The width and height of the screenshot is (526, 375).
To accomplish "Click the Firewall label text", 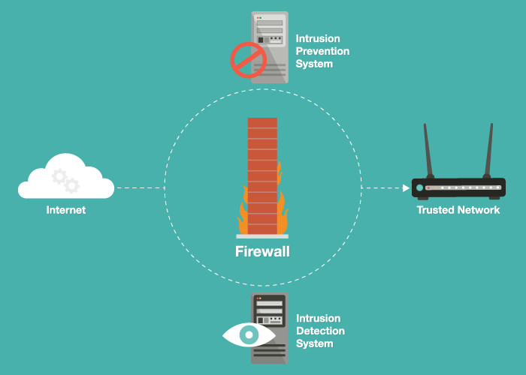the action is coord(262,251).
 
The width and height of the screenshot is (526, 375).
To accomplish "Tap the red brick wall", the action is coord(262,175).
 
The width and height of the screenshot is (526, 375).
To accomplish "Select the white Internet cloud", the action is coord(66,176).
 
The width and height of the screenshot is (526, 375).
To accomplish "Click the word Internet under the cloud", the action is coord(66,210).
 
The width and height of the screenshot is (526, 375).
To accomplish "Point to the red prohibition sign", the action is coord(248,60).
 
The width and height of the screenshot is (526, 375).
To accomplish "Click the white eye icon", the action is coord(249,334).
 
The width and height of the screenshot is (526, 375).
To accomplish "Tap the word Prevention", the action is coord(322,51).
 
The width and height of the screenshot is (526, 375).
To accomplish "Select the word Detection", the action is coord(320,331).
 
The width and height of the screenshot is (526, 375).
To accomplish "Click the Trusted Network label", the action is coord(458,210).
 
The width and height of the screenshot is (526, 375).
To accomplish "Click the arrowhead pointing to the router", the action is coord(406,187).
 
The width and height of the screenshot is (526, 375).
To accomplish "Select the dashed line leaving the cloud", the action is coord(140,187).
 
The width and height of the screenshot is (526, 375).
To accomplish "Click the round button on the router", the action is coord(419,187).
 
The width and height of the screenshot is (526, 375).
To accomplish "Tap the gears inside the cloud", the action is coord(66,181).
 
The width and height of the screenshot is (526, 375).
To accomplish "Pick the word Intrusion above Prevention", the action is coord(318,38).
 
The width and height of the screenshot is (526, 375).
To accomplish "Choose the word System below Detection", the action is coord(315,343).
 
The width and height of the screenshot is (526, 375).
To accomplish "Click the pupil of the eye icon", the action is coord(249,334).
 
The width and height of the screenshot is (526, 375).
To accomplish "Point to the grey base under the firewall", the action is coord(262,236).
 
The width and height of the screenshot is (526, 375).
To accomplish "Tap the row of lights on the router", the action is coord(464,187).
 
